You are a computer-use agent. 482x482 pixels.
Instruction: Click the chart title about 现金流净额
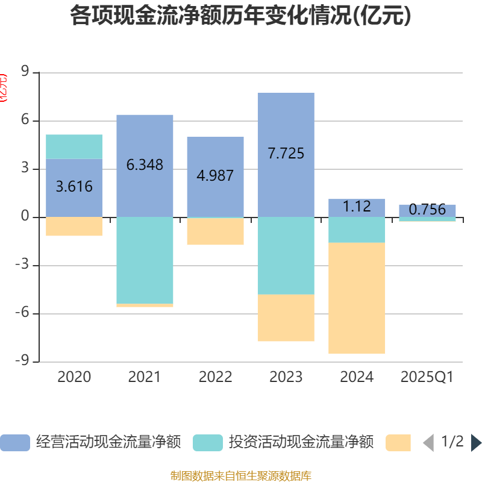[240, 16]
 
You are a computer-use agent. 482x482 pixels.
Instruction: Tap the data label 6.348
[145, 164]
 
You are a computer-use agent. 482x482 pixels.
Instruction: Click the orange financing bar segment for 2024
[357, 298]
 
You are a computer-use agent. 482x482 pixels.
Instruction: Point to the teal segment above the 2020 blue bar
[74, 146]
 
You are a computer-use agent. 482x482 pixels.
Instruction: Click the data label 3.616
[74, 187]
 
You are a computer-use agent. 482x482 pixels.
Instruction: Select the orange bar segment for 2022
[215, 231]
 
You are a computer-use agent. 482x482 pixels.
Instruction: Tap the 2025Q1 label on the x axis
[427, 377]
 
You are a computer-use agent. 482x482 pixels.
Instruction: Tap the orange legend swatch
[398, 443]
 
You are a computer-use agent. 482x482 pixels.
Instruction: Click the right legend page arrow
[476, 443]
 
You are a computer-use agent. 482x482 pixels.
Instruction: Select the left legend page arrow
[428, 443]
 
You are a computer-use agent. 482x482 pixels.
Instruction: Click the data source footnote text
[240, 476]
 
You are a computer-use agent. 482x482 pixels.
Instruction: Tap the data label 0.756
[427, 210]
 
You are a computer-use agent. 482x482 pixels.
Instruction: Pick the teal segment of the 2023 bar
[286, 255]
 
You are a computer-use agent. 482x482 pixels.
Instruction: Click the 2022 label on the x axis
[215, 377]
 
